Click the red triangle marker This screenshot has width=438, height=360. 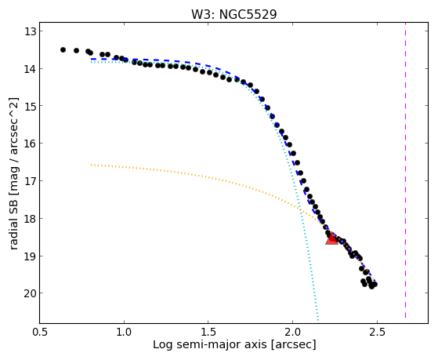[332, 239]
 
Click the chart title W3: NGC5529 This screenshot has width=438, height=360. [233, 15]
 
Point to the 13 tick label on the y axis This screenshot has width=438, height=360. [30, 31]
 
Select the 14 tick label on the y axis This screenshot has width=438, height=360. [30, 68]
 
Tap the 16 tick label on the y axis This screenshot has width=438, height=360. [30, 144]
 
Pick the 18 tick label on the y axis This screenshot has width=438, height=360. [30, 219]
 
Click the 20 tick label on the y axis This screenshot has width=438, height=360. [30, 293]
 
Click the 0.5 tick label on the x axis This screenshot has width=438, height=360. [40, 332]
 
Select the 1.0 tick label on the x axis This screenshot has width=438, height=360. [124, 332]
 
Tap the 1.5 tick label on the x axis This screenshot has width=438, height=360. [208, 332]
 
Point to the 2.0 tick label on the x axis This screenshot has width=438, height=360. [293, 332]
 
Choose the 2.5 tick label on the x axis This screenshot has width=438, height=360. [377, 332]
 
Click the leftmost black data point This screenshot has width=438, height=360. [63, 49]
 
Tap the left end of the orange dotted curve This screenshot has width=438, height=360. [92, 165]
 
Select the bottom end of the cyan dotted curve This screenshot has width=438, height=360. [318, 320]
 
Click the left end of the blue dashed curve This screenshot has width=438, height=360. [92, 60]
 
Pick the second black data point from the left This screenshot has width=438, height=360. [76, 50]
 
